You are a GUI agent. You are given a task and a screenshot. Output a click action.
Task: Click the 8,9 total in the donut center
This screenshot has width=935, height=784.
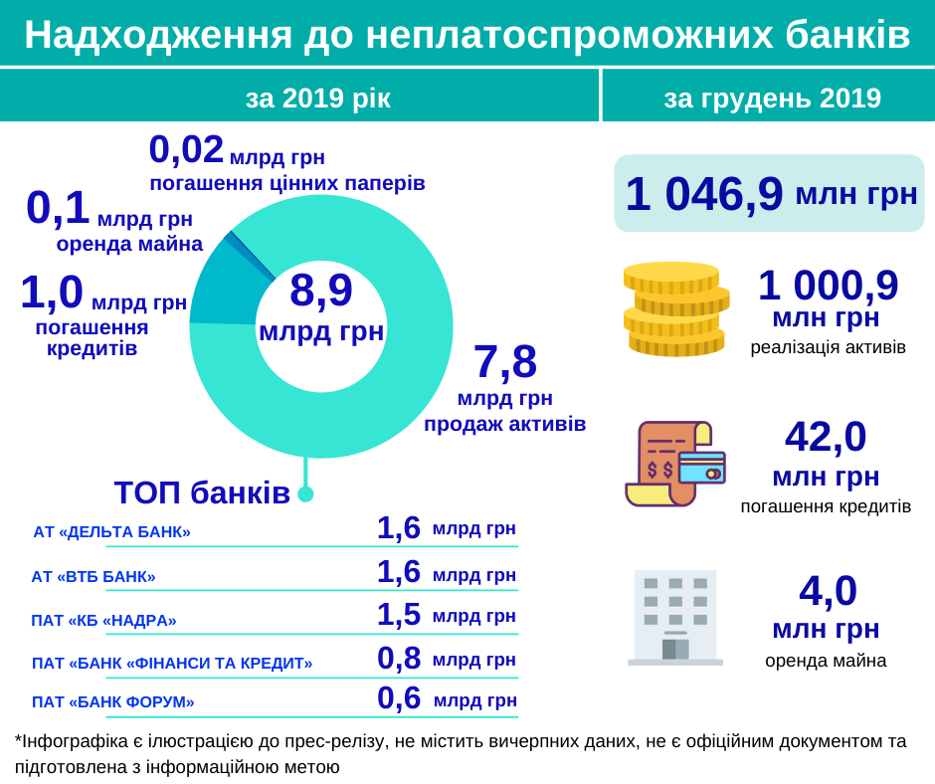[x=320, y=292]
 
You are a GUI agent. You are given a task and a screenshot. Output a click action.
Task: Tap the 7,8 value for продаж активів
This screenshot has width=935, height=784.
[x=504, y=362]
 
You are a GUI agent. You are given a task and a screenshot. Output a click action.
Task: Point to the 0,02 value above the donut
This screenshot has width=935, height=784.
[x=186, y=150]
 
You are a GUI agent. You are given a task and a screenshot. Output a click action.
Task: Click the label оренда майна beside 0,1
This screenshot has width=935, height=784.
[x=129, y=244]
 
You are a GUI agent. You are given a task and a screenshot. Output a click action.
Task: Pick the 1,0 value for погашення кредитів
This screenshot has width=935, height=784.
[x=52, y=293]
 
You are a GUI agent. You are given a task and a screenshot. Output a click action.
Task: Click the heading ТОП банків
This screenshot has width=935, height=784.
[x=202, y=492]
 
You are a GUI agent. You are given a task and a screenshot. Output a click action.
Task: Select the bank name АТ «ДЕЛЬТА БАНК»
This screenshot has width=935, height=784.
[x=111, y=531]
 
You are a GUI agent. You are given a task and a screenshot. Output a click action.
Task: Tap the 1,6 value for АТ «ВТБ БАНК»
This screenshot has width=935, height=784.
[x=398, y=572]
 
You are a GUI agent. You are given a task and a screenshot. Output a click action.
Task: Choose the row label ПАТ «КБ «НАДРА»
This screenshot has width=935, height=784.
[x=103, y=620]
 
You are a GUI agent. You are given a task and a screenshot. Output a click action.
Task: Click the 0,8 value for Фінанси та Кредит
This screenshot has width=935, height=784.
[x=398, y=658]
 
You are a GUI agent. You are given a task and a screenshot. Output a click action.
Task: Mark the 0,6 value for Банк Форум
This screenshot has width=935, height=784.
[x=398, y=698]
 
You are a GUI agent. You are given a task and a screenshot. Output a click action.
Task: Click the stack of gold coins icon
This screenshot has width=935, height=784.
[x=675, y=308]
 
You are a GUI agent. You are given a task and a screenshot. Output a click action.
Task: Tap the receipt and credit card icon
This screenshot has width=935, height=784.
[x=675, y=463]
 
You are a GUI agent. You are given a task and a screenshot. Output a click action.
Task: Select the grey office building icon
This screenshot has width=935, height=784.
[x=675, y=617]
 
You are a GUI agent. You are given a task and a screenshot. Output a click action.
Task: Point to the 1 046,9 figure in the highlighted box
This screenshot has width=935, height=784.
[x=704, y=194]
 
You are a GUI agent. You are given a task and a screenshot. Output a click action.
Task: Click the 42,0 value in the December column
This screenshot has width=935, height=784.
[x=826, y=437]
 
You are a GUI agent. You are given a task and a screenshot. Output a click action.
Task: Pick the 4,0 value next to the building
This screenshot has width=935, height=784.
[x=828, y=591]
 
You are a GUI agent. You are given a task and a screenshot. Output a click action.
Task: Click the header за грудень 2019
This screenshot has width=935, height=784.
[x=772, y=98]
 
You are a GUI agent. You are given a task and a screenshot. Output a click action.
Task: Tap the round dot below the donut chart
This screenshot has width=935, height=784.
[x=305, y=493]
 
